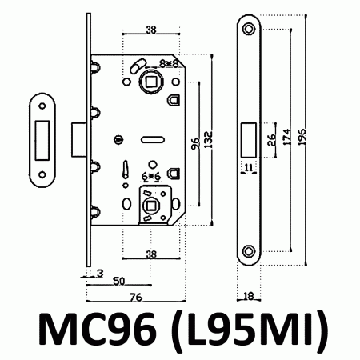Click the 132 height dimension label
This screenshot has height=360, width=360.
209,139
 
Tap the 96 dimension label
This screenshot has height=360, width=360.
195,143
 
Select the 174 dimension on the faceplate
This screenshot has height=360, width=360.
286,137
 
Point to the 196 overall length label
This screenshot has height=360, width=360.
302,137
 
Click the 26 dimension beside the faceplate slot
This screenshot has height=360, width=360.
271,140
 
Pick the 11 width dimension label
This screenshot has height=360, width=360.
248,168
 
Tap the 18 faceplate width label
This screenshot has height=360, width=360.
249,296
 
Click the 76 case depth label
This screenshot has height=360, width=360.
136,297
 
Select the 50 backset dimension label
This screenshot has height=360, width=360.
119,281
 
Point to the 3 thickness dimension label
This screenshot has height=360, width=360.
100,274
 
